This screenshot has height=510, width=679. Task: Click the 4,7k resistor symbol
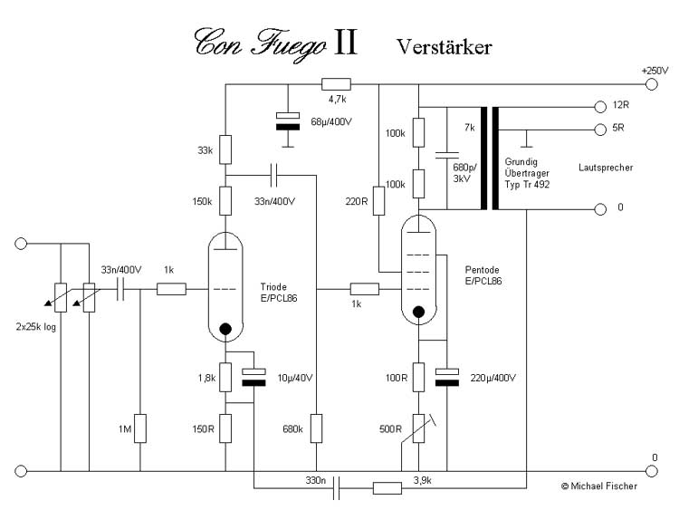pyautogui.click(x=336, y=84)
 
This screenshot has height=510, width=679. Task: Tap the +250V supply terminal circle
pyautogui.click(x=651, y=84)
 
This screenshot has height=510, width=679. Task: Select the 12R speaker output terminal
pyautogui.click(x=600, y=107)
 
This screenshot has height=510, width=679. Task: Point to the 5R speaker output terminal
pyautogui.click(x=600, y=130)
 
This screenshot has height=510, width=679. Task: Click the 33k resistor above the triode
pyautogui.click(x=225, y=149)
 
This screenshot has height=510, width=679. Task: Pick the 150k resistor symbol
pyautogui.click(x=225, y=200)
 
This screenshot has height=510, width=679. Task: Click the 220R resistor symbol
pyautogui.click(x=379, y=200)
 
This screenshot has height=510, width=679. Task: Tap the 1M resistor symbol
pyautogui.click(x=139, y=428)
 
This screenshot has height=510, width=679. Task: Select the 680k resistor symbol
pyautogui.click(x=317, y=428)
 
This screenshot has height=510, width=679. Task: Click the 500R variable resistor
pyautogui.click(x=418, y=428)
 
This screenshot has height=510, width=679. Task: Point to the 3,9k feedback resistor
pyautogui.click(x=387, y=488)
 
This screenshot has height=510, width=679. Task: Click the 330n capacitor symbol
pyautogui.click(x=336, y=488)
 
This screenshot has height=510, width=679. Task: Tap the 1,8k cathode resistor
pyautogui.click(x=225, y=378)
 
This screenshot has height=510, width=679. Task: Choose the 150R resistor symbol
pyautogui.click(x=225, y=428)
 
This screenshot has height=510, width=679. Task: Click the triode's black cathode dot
pyautogui.click(x=225, y=329)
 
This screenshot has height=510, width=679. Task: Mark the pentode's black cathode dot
pyautogui.click(x=418, y=312)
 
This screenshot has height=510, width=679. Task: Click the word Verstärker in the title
pyautogui.click(x=445, y=47)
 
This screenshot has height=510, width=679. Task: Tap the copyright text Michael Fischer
pyautogui.click(x=599, y=486)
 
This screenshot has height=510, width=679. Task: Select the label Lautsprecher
pyautogui.click(x=606, y=168)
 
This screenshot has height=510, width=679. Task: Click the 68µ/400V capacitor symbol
pyautogui.click(x=288, y=121)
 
